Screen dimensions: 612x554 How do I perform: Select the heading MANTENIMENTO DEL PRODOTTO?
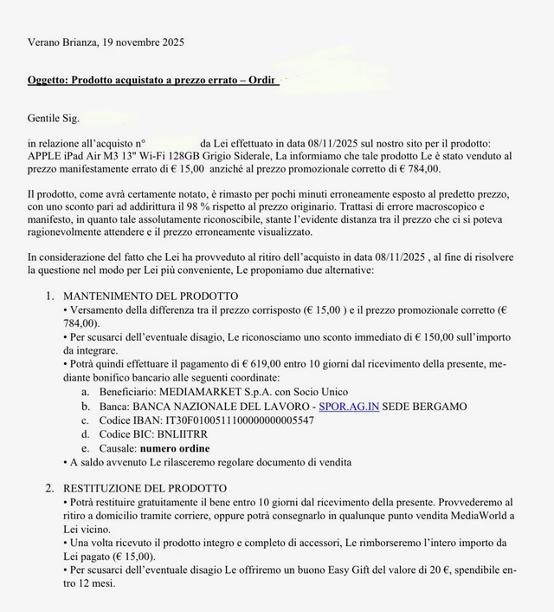[151, 296]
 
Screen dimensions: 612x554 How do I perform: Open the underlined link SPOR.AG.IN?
[349, 406]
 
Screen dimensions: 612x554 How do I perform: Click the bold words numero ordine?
[175, 447]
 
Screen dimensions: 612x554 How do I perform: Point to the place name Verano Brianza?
[61, 42]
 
